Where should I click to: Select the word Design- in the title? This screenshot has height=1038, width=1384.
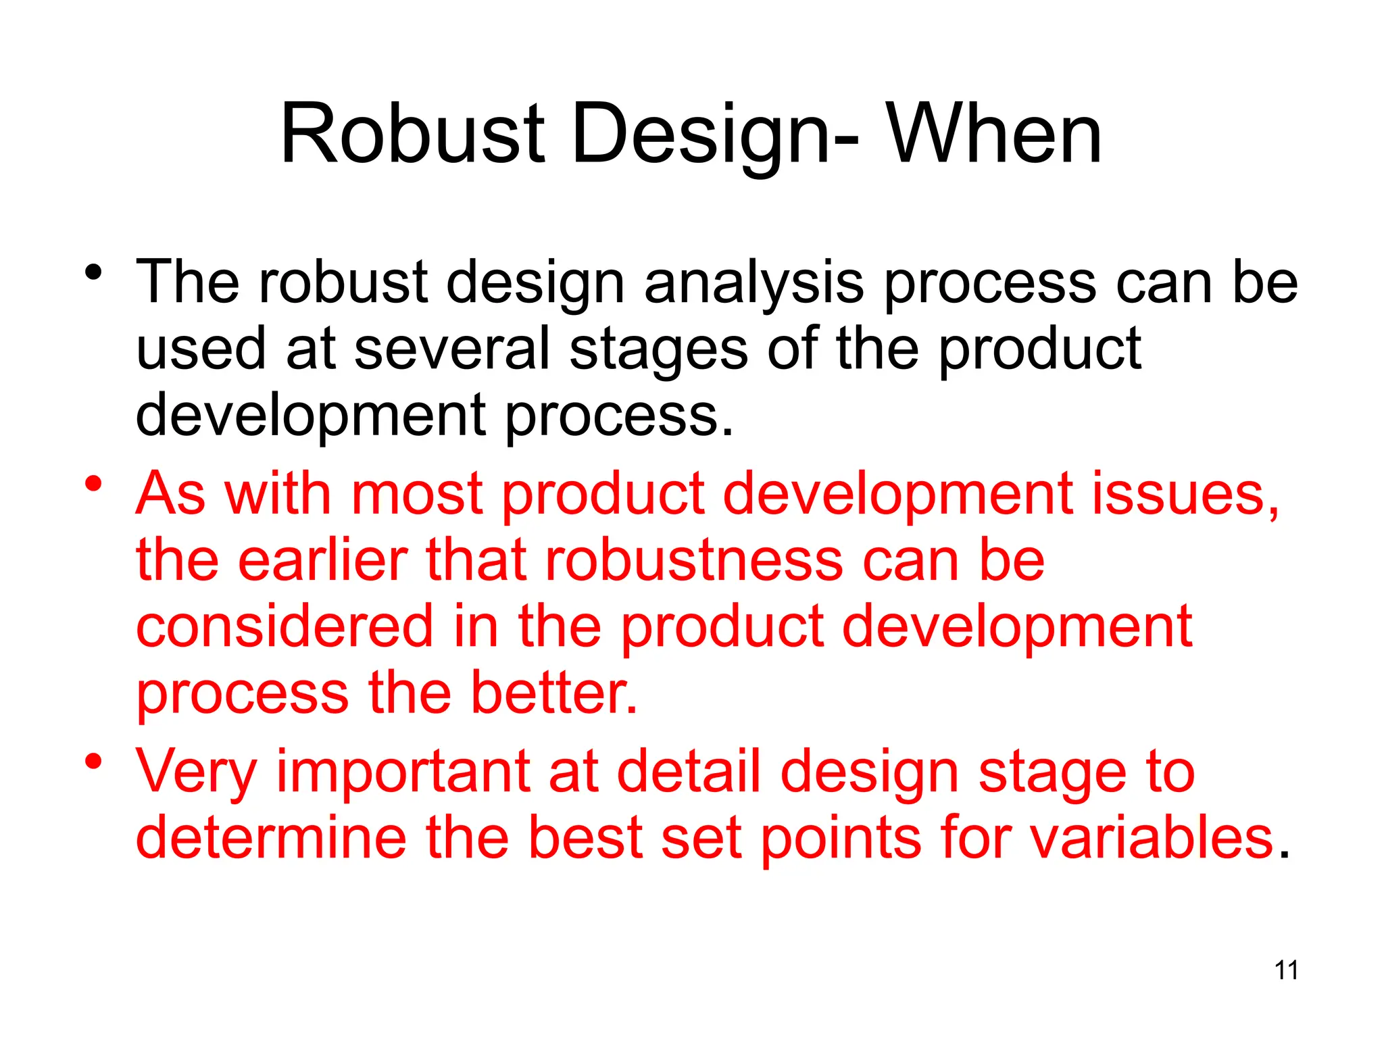pos(715,135)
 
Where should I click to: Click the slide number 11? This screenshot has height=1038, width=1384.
pos(1286,970)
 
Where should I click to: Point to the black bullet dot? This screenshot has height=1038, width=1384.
pos(93,272)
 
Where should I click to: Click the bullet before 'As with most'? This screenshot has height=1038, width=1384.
pos(93,484)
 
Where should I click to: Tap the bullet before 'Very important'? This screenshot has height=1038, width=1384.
pos(93,762)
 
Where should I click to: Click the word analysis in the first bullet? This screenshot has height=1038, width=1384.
pos(753,283)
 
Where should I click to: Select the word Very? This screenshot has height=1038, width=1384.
pos(196,772)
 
